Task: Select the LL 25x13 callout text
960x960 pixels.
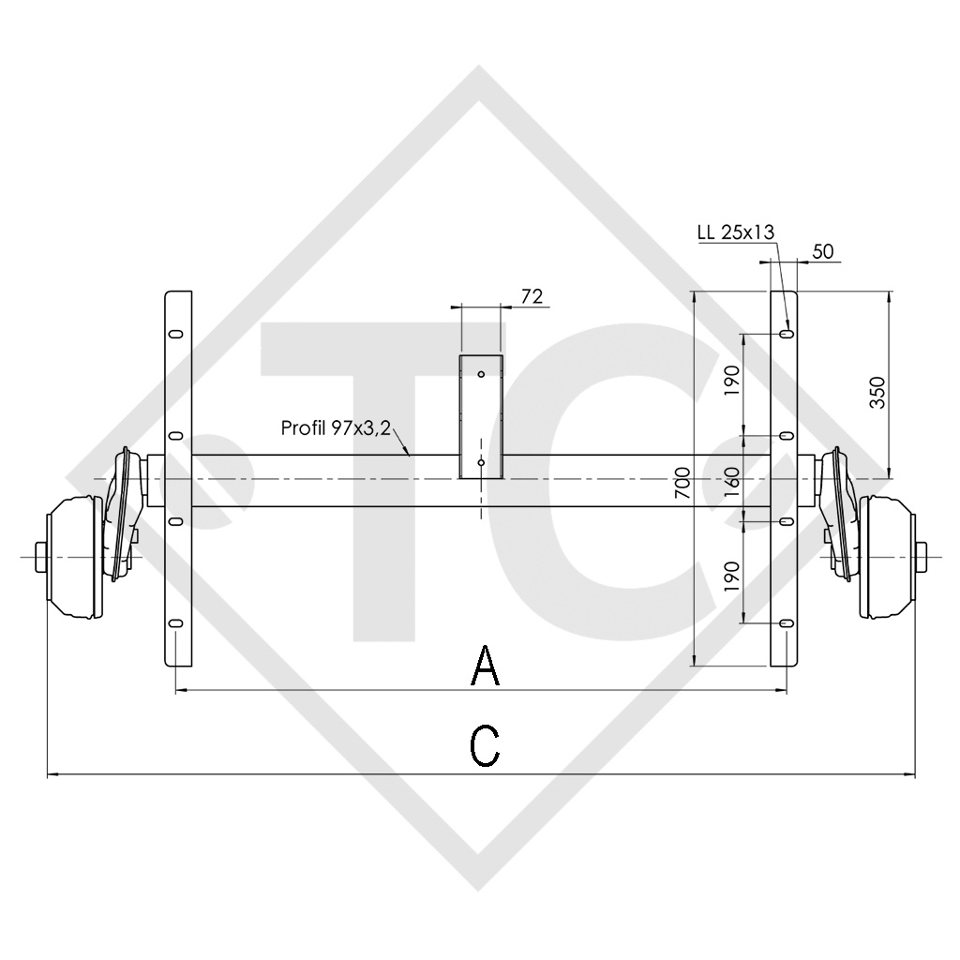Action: click(737, 232)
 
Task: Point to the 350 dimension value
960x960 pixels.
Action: click(877, 393)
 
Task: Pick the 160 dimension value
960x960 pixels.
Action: click(732, 481)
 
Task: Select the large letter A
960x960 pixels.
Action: click(485, 667)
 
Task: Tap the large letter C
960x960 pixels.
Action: click(484, 747)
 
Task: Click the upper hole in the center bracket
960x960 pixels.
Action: click(481, 374)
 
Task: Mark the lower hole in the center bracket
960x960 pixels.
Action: click(481, 462)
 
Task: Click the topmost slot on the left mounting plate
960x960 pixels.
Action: click(175, 334)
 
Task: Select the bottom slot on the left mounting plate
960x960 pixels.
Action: click(175, 623)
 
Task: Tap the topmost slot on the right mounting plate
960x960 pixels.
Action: click(786, 334)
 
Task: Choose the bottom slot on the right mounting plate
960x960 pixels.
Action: click(786, 623)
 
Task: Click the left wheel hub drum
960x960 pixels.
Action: click(75, 558)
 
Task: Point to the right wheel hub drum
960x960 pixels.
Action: click(885, 558)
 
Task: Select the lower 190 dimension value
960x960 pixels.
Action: click(732, 574)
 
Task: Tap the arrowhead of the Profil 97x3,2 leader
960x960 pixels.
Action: click(410, 454)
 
